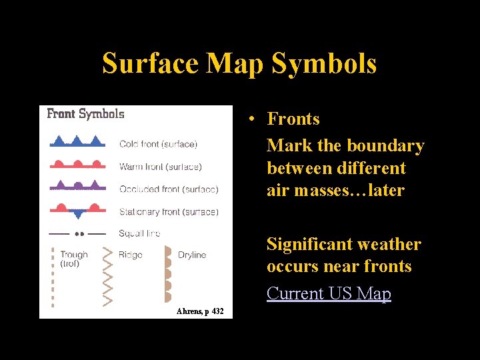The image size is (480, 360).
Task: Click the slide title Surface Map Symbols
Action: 239,64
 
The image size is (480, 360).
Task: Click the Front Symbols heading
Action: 85,113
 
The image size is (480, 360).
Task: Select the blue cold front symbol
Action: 77,142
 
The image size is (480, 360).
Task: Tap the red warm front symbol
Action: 77,165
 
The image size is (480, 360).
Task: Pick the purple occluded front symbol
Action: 77,186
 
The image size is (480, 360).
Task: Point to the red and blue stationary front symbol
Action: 77,210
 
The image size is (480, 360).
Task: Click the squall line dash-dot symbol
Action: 77,234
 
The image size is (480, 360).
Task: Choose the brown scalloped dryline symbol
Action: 167,275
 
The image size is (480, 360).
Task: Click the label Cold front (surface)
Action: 158,144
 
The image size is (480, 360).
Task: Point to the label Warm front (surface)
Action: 160,167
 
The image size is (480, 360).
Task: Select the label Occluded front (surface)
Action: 168,189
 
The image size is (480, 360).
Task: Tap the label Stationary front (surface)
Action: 168,212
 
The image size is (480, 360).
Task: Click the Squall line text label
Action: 139,233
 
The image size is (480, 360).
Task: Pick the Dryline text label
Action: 192,255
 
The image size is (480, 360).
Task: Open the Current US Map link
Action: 329,293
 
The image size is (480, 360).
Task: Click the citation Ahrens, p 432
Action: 200,311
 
